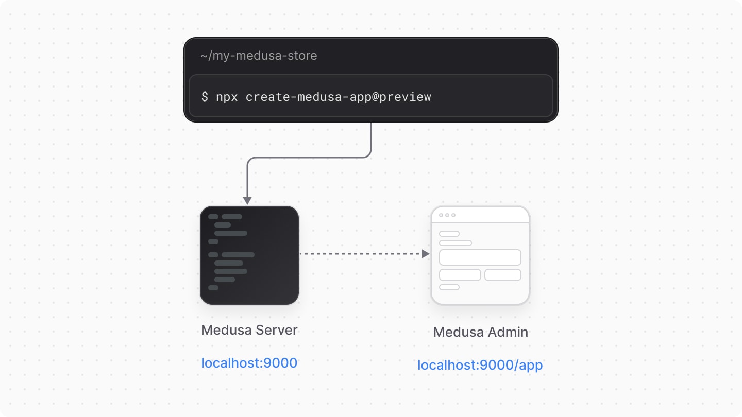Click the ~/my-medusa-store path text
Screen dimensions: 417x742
[x=259, y=56]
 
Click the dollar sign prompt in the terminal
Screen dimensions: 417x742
[x=205, y=97]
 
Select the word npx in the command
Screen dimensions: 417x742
[x=227, y=97]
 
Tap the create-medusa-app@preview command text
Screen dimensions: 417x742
[x=338, y=97]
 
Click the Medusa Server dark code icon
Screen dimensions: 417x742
[x=249, y=255]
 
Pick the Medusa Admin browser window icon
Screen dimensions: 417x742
[x=480, y=255]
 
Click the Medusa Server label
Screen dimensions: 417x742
[x=249, y=330]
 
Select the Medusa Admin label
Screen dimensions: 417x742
[x=480, y=332]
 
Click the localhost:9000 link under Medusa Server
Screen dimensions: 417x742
[x=249, y=363]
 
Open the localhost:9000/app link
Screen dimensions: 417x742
[x=480, y=365]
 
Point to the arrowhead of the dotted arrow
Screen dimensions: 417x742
[x=426, y=254]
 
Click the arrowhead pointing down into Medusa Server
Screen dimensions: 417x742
[x=247, y=200]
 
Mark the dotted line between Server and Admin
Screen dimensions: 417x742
[x=361, y=254]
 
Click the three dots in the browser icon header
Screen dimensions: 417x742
[x=447, y=215]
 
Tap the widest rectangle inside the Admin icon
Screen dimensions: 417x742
[x=480, y=257]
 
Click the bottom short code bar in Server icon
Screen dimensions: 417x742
[x=213, y=288]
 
